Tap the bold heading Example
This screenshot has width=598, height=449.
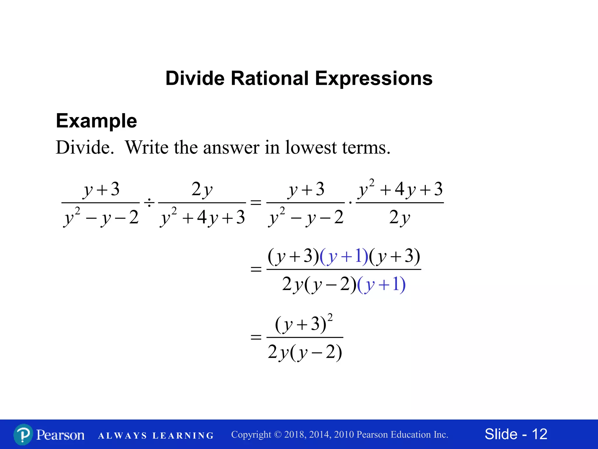[x=96, y=121]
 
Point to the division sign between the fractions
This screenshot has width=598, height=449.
[x=149, y=202]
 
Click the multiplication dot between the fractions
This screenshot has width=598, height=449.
[x=350, y=202]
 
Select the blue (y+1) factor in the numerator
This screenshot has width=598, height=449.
[x=344, y=257]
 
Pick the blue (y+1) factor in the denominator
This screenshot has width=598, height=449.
[x=381, y=284]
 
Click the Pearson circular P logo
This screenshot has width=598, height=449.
[x=23, y=434]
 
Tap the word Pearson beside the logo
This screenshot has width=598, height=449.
[x=60, y=435]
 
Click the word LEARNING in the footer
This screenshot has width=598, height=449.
[x=183, y=436]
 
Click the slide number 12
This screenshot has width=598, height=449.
[x=539, y=434]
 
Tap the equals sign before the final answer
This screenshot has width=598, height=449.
[x=256, y=337]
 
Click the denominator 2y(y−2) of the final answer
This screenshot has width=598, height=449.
[x=305, y=352]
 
